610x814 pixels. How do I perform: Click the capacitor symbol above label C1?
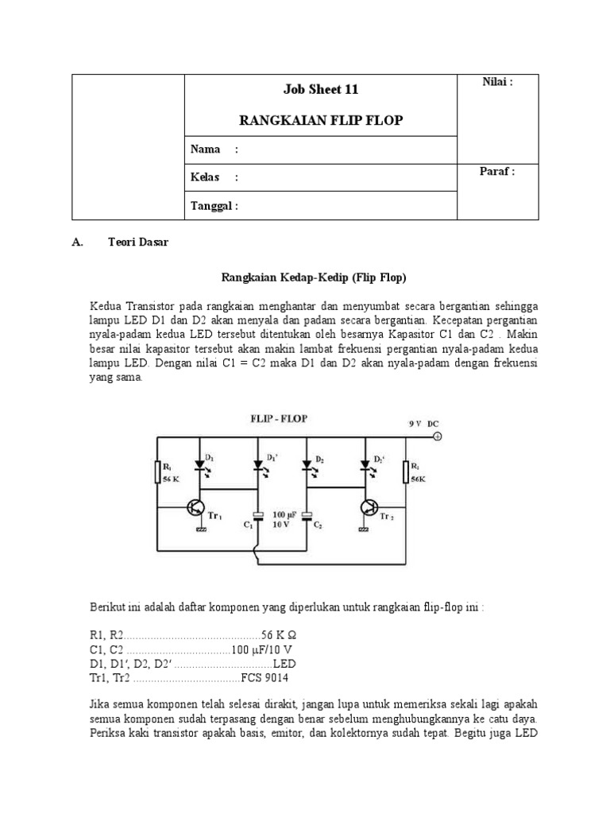point(256,514)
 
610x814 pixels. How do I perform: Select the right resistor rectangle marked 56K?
point(406,471)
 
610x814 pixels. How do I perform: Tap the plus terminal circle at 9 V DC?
point(436,436)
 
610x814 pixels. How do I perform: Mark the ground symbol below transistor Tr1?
point(203,530)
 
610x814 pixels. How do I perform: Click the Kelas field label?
point(206,177)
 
